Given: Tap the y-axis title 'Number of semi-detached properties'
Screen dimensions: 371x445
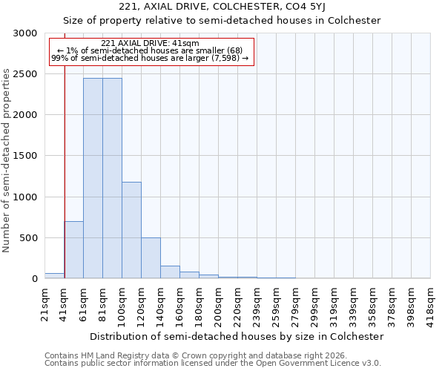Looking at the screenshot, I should [x=7, y=160].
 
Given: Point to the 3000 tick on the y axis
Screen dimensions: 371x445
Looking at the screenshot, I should [x=26, y=33].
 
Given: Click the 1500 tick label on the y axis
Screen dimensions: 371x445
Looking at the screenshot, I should [x=26, y=156].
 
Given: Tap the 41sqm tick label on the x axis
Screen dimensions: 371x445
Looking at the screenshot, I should [x=65, y=303].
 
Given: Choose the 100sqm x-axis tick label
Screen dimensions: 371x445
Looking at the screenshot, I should [x=122, y=303].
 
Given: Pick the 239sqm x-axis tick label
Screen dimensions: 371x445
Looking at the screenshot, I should [x=256, y=303].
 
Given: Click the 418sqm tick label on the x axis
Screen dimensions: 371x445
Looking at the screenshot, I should [x=430, y=303].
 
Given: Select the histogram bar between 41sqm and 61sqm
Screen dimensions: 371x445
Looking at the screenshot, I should [x=73, y=250].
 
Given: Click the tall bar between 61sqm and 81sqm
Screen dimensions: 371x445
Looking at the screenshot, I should [x=93, y=178].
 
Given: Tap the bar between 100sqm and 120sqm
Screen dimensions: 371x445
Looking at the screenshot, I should [x=131, y=230].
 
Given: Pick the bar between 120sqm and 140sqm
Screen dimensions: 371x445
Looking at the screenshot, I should [x=151, y=258].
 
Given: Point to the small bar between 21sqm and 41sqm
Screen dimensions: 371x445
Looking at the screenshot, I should [x=54, y=276].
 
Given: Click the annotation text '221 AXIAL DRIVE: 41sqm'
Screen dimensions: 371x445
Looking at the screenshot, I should [x=150, y=43].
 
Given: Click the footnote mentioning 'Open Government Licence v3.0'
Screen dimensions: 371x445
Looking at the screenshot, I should [x=213, y=364].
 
